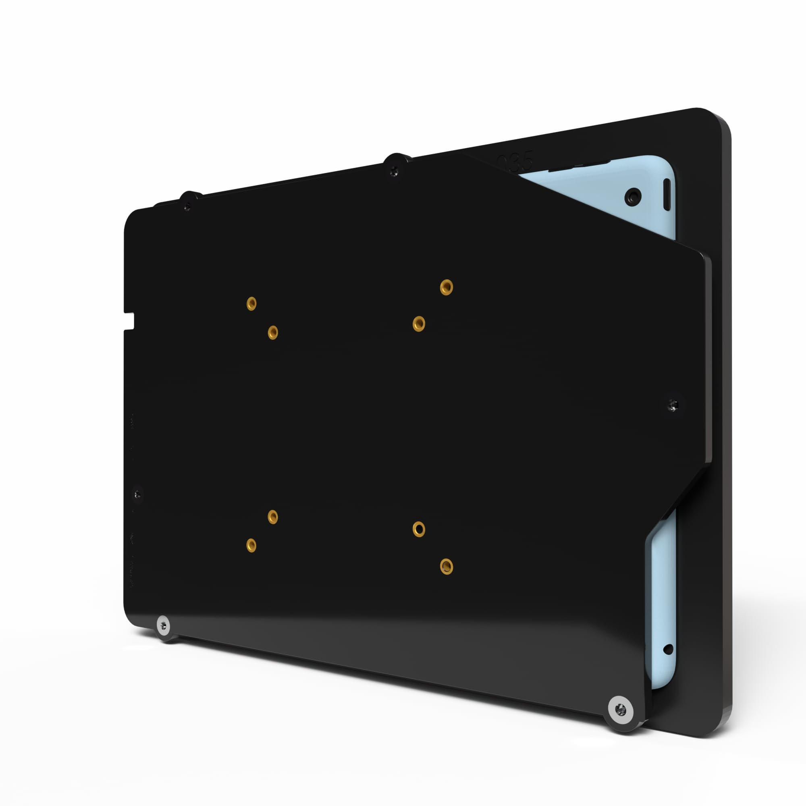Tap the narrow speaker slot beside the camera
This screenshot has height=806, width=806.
[x=666, y=195]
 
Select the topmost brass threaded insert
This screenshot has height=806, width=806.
[x=447, y=287]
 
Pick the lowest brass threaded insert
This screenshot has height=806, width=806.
[x=447, y=567]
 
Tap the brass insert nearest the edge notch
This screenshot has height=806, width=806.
[x=251, y=304]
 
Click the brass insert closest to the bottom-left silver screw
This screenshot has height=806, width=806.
[x=251, y=545]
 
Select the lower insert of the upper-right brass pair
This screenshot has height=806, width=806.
[x=419, y=323]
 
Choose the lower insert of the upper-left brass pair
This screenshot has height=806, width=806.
[x=273, y=332]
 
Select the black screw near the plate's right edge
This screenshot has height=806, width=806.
[x=673, y=404]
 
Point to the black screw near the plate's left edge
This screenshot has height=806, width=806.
[x=138, y=495]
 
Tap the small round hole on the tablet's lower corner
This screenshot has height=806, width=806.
[x=668, y=649]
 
